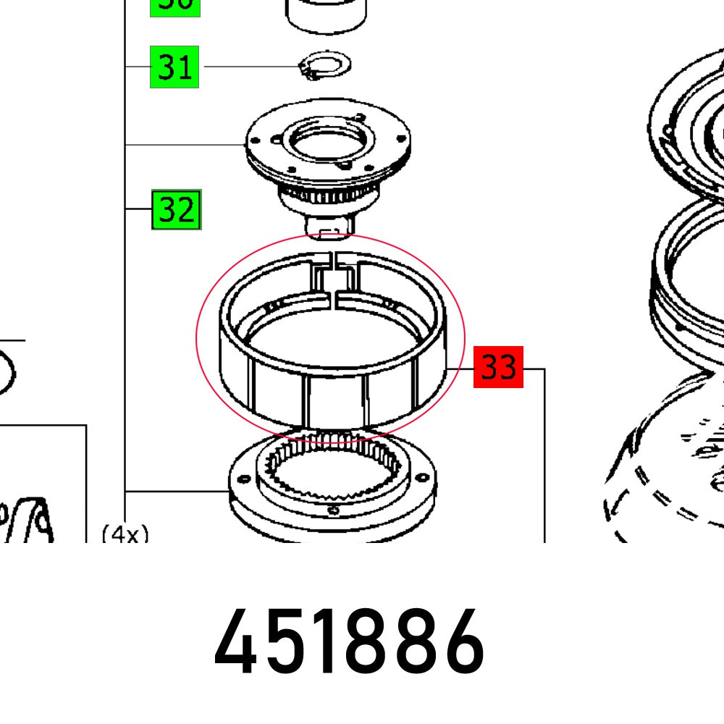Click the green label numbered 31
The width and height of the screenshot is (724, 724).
tap(174, 67)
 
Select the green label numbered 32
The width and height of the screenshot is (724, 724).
tap(176, 210)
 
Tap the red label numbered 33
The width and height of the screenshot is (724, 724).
tap(498, 367)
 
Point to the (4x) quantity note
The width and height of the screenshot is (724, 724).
tap(125, 534)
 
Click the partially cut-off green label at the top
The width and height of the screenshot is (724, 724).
tap(174, 6)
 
